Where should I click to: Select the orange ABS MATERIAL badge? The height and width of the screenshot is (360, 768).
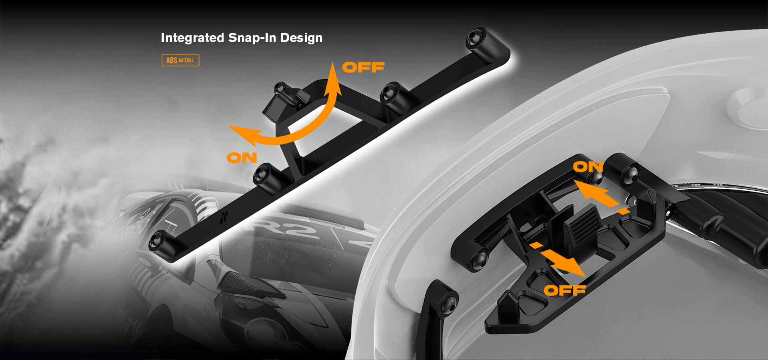180,60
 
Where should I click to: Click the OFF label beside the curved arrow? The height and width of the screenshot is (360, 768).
363,67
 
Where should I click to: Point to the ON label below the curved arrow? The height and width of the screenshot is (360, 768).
242,158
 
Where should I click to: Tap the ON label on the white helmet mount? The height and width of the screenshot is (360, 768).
588,166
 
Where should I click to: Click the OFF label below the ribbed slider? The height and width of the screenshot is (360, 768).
565,290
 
